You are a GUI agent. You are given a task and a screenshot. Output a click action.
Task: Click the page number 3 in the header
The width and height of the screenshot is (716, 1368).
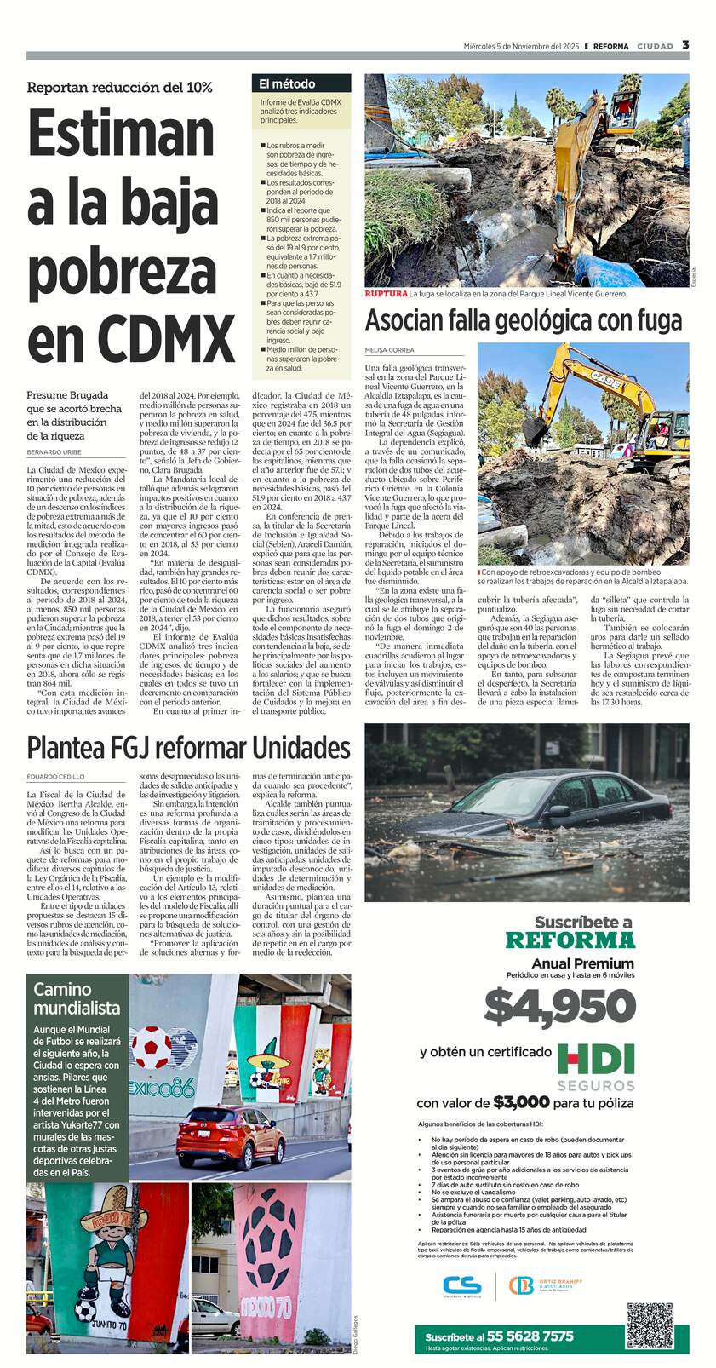[x=685, y=45]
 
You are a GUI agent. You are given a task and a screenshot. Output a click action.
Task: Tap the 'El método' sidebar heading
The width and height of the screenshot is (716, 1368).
[x=287, y=84]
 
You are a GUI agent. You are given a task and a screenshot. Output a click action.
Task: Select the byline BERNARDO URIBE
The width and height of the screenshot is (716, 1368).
[x=54, y=451]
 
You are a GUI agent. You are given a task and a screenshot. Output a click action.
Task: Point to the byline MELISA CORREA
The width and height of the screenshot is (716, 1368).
[x=389, y=350]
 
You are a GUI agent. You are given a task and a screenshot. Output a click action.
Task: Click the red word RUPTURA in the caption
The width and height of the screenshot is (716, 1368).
[x=386, y=294]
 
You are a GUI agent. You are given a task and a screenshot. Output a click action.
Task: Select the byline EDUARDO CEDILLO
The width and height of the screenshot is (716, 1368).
[x=55, y=777]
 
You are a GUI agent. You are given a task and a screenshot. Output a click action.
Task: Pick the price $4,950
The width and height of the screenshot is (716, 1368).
[x=560, y=1007]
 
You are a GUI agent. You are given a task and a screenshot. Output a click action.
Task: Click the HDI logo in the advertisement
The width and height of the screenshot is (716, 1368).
[x=596, y=1059]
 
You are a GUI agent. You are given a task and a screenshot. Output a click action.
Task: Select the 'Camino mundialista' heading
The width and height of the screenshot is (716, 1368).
[x=77, y=998]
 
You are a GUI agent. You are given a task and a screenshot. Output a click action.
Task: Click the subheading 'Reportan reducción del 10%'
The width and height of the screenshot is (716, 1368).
[x=119, y=88]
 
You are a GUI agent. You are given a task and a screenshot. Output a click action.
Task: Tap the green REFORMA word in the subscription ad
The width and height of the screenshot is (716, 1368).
[x=570, y=940]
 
